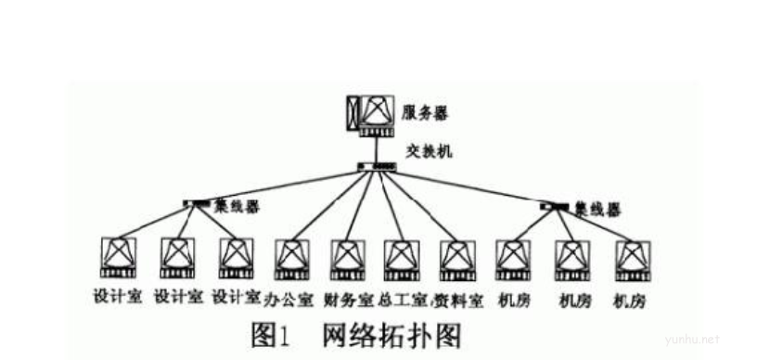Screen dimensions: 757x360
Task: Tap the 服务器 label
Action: pos(426,113)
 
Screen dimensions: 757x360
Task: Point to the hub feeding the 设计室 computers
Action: pos(196,202)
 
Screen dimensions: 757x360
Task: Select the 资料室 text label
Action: pos(457,300)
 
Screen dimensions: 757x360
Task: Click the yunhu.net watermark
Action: pos(699,340)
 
